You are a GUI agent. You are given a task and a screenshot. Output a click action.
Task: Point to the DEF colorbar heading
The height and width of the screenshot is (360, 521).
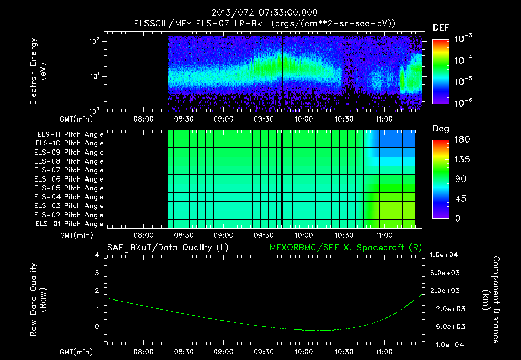[440, 27]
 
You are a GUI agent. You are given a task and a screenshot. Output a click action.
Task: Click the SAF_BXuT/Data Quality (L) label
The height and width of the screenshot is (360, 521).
[167, 248]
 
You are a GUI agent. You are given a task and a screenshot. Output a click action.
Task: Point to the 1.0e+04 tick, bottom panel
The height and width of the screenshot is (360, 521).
[446, 255]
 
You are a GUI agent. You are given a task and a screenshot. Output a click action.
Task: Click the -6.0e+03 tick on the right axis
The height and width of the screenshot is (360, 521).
[446, 326]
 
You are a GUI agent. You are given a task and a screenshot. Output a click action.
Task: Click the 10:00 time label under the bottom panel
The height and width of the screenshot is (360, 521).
[304, 351]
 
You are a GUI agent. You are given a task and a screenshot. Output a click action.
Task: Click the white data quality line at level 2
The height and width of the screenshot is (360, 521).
[170, 291]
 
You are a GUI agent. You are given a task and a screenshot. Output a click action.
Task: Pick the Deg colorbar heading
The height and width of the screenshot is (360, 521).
[440, 129]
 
